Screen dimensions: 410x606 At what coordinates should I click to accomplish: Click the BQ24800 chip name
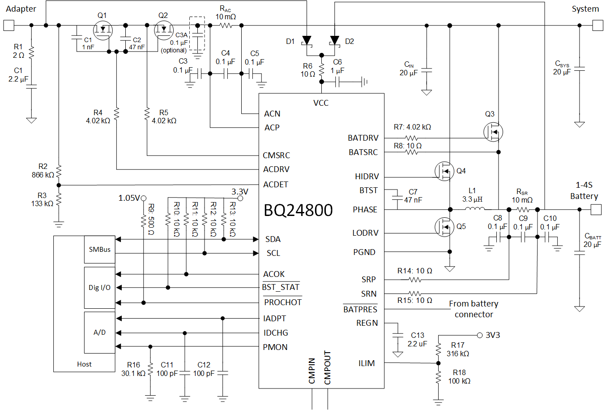pyautogui.click(x=298, y=210)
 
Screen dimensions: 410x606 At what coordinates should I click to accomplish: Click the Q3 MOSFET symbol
pyautogui.click(x=493, y=132)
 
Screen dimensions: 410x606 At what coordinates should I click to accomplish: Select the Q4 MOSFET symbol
pyautogui.click(x=444, y=171)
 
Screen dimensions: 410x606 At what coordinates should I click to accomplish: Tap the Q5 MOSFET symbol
pyautogui.click(x=444, y=227)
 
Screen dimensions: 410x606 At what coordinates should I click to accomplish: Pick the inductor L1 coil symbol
pyautogui.click(x=474, y=209)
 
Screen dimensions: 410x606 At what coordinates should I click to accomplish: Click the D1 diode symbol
pyautogui.click(x=307, y=41)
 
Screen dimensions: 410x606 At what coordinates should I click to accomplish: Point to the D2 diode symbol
pyautogui.click(x=334, y=41)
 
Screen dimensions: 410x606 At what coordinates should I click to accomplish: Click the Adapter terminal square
pyautogui.click(x=9, y=26)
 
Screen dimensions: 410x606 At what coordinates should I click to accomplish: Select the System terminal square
pyautogui.click(x=597, y=26)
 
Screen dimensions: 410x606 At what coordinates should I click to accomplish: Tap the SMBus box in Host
pyautogui.click(x=99, y=250)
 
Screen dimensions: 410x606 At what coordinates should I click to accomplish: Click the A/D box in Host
pyautogui.click(x=99, y=332)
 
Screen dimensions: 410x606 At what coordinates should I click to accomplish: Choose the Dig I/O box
pyautogui.click(x=99, y=288)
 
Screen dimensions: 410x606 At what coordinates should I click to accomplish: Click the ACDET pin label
pyautogui.click(x=276, y=185)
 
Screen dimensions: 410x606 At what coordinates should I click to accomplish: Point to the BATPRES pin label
pyautogui.click(x=360, y=310)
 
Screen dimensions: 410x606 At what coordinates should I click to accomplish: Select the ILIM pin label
pyautogui.click(x=367, y=363)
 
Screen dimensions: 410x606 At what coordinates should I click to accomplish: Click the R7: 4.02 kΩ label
pyautogui.click(x=412, y=127)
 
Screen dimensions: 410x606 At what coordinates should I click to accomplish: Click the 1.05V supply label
pyautogui.click(x=129, y=198)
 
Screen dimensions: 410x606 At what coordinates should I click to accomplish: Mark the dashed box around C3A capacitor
pyautogui.click(x=197, y=34)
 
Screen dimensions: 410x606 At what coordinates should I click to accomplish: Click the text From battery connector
pyautogui.click(x=474, y=309)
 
